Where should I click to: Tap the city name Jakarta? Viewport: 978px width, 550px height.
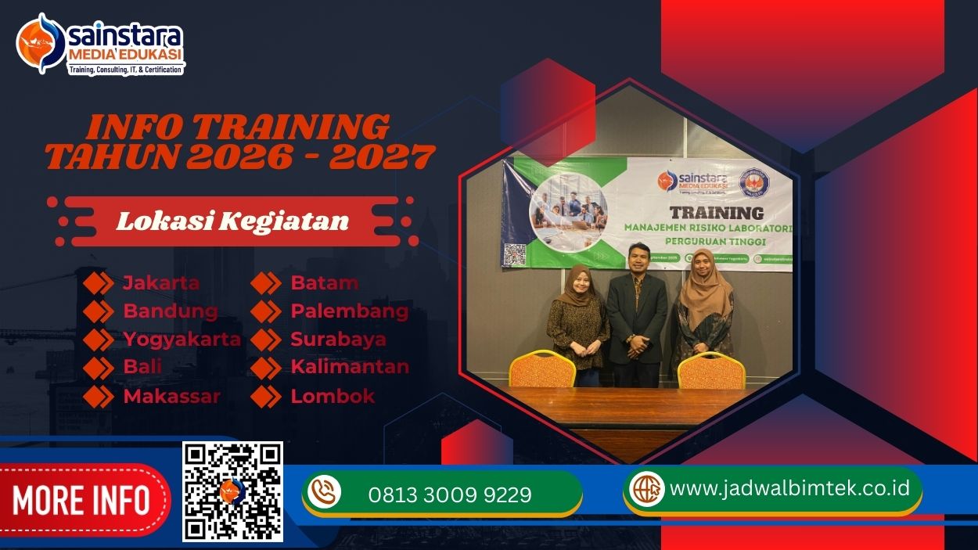(x=161, y=283)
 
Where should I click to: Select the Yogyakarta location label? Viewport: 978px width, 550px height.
(x=182, y=340)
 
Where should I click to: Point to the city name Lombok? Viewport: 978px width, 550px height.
(x=333, y=396)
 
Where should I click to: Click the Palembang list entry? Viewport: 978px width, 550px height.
(x=349, y=311)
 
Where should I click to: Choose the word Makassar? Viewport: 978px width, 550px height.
(x=171, y=396)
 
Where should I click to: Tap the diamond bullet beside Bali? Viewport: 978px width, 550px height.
(x=99, y=368)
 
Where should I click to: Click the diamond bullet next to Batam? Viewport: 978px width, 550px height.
(x=266, y=283)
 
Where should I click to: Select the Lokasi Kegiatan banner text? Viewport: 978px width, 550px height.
(x=232, y=221)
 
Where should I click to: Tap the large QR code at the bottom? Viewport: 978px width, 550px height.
(x=232, y=491)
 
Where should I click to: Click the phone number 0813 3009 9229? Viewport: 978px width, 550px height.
(x=450, y=494)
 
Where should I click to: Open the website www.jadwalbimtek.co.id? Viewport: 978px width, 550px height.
(x=789, y=488)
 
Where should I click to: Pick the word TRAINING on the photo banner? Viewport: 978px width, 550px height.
(x=717, y=212)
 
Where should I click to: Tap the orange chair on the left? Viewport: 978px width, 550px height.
(x=542, y=369)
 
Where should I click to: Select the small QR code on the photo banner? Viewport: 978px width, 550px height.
(x=514, y=254)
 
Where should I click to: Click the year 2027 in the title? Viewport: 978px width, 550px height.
(x=382, y=156)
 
